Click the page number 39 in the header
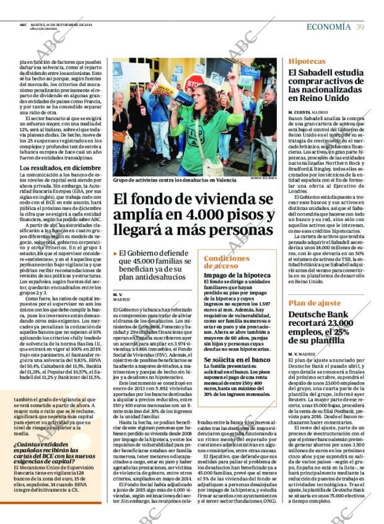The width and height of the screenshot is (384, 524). pos(360,27)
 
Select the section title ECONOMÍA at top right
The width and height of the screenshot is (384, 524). pos(329,27)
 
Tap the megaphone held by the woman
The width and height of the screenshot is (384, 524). pos(186,96)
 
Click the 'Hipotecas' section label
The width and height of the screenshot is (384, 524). pos(307,61)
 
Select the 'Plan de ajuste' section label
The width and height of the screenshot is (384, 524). pos(314,303)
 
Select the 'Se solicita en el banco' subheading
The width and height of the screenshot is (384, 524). pos(237,359)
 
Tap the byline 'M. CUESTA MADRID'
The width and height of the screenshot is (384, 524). pos(308,111)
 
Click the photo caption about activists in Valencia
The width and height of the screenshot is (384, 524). pos(166,180)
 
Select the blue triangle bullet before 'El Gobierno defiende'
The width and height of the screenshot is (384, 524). pos(115,254)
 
